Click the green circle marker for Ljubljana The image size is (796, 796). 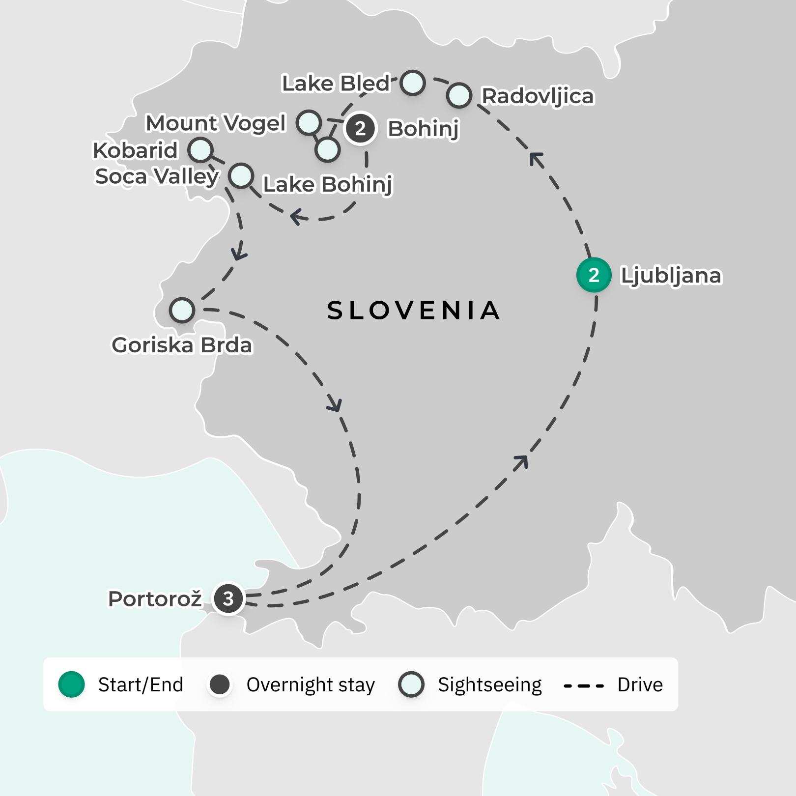(x=594, y=275)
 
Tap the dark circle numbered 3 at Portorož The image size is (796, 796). (x=228, y=598)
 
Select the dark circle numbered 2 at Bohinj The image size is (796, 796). (x=360, y=128)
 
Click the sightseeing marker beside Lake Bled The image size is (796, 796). (x=412, y=83)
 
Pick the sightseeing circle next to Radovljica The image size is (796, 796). (x=459, y=95)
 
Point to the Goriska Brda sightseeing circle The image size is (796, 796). (x=182, y=310)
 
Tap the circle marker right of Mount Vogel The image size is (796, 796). (x=309, y=122)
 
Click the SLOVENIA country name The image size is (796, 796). (x=413, y=311)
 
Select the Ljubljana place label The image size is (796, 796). (x=671, y=276)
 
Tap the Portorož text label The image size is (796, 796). (x=155, y=599)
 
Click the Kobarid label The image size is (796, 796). (x=135, y=150)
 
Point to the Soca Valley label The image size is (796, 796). (x=157, y=176)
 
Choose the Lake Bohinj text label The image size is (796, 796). (x=328, y=185)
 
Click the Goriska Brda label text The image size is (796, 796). (x=182, y=345)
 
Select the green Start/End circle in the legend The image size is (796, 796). (x=72, y=684)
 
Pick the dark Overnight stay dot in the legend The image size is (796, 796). (x=220, y=684)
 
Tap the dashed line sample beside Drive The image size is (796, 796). (x=584, y=685)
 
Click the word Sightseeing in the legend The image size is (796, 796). (x=489, y=684)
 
